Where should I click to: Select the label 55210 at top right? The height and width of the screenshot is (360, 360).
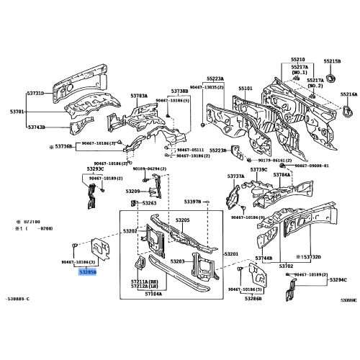click(x=297, y=60)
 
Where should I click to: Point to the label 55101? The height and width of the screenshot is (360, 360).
click(x=246, y=89)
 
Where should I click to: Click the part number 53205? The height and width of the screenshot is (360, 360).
click(x=182, y=220)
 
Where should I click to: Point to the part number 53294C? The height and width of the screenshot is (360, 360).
click(x=338, y=279)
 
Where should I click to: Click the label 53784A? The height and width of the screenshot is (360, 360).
click(x=282, y=175)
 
